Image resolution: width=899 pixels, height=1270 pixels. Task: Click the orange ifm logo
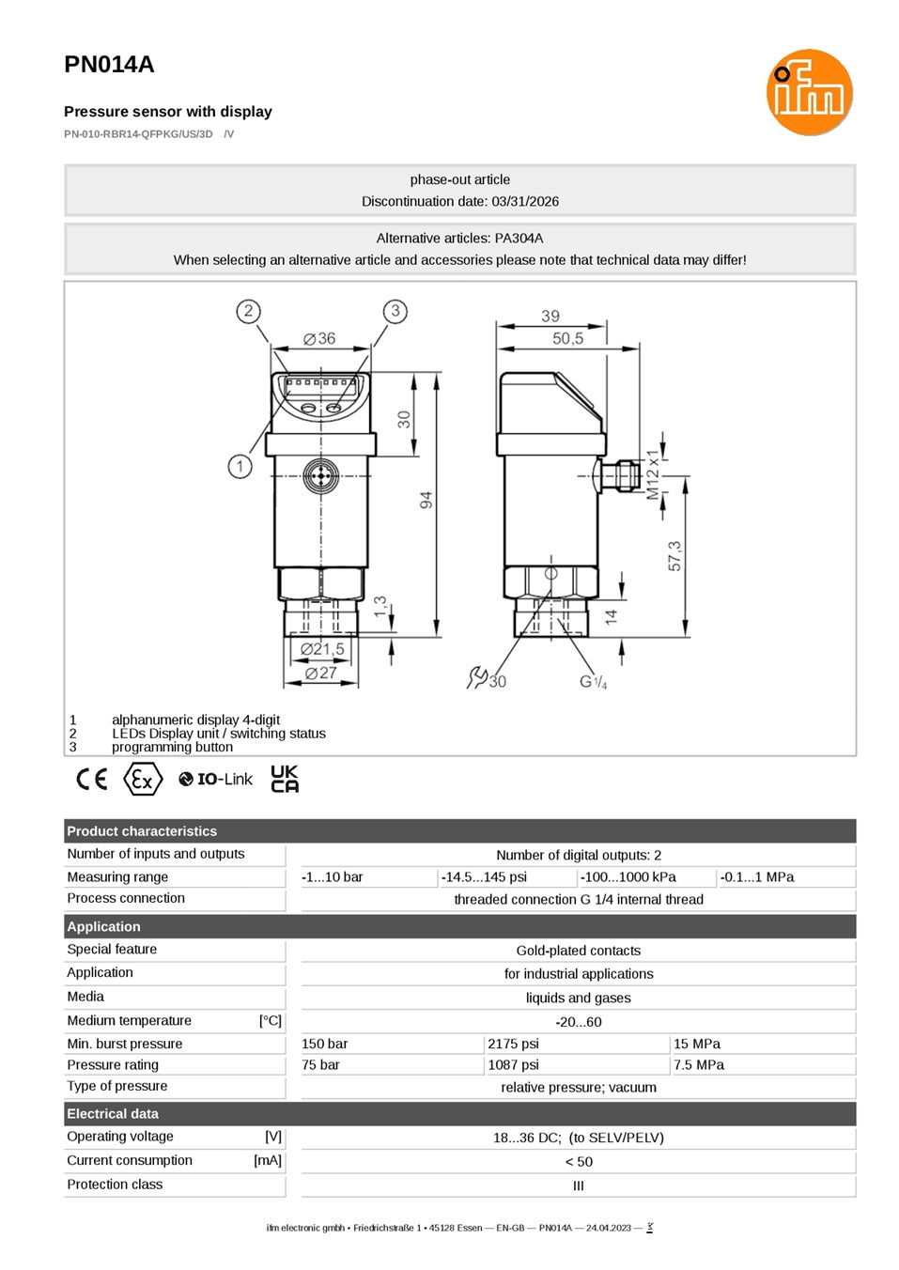(x=809, y=92)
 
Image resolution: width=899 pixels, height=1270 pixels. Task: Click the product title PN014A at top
(x=109, y=65)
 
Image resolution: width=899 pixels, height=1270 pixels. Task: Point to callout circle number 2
(x=248, y=311)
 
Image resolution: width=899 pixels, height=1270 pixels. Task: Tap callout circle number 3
(x=395, y=311)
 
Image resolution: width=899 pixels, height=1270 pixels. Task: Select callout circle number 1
(x=240, y=467)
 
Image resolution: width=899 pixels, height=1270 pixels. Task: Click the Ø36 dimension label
(x=319, y=338)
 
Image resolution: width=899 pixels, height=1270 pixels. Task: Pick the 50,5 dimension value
(x=567, y=338)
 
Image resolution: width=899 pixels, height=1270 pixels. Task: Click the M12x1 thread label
(x=653, y=475)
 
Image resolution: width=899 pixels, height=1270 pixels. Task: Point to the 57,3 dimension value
(x=674, y=556)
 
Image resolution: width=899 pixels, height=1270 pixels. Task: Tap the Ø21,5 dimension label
(x=322, y=648)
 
